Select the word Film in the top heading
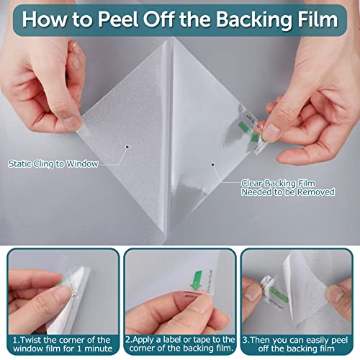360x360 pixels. [318, 19]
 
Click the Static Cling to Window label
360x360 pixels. [53, 164]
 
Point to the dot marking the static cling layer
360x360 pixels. [127, 147]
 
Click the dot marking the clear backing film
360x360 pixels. [212, 165]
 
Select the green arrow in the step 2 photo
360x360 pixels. [196, 280]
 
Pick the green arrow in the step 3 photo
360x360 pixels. [279, 292]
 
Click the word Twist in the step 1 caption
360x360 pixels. [31, 340]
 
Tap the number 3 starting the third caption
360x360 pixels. [245, 340]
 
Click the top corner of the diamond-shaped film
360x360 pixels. [169, 40]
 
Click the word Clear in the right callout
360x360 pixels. [251, 184]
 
